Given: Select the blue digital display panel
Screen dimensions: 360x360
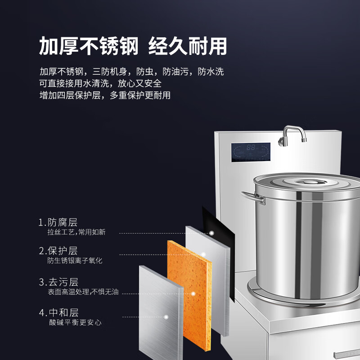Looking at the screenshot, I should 251,152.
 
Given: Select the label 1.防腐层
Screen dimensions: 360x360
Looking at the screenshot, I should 58,222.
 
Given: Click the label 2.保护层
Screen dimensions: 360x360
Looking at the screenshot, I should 58,251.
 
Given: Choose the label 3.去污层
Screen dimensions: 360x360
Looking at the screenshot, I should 58,282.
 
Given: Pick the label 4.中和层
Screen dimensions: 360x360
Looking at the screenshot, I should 58,312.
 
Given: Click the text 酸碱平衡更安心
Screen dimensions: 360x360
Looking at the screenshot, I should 76,322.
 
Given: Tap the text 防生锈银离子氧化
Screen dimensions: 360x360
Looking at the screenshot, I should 75,261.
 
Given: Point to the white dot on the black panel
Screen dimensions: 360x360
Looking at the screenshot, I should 211,233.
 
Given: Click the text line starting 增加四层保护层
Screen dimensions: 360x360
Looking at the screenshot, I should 105,95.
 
